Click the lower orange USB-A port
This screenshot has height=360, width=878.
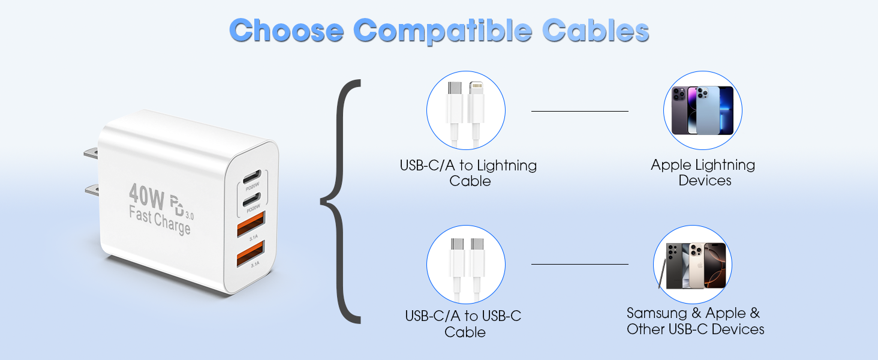[x=249, y=256]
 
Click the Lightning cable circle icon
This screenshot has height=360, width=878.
[x=466, y=110]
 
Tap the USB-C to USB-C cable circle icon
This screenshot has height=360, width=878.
[x=466, y=264]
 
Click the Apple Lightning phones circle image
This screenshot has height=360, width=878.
[x=702, y=110]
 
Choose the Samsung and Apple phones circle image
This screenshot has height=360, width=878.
[x=693, y=265]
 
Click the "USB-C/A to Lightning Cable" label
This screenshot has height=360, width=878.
[x=468, y=173]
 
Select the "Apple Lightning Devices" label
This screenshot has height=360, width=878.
[x=703, y=173]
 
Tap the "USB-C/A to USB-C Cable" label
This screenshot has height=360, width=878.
[x=464, y=324]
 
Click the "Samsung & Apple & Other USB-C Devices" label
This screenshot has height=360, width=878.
[x=695, y=321]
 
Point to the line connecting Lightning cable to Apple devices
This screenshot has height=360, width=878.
[x=579, y=111]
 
